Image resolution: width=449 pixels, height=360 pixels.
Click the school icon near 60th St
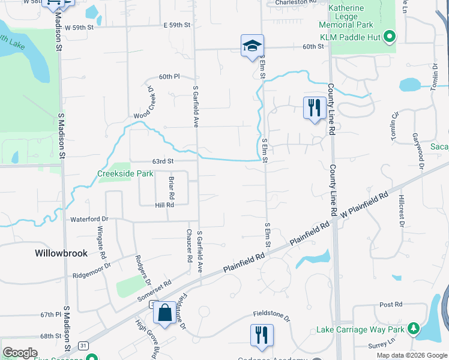click(x=252, y=46)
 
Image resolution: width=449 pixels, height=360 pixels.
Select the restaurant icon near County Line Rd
click(x=314, y=108)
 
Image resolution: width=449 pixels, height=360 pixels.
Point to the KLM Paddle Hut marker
click(x=389, y=37)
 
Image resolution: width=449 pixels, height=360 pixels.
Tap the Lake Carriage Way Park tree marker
click(x=412, y=329)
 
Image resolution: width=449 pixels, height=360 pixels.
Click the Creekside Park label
click(x=125, y=174)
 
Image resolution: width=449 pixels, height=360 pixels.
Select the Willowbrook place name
click(x=61, y=253)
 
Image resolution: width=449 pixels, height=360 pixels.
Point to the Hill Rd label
click(x=164, y=205)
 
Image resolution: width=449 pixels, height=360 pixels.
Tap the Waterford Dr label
click(x=89, y=220)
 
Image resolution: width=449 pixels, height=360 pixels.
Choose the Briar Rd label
click(x=171, y=188)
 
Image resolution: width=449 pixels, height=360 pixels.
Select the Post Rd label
click(x=390, y=305)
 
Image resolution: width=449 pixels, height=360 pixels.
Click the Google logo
click(x=20, y=353)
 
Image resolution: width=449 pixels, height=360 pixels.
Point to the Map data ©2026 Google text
click(x=411, y=355)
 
